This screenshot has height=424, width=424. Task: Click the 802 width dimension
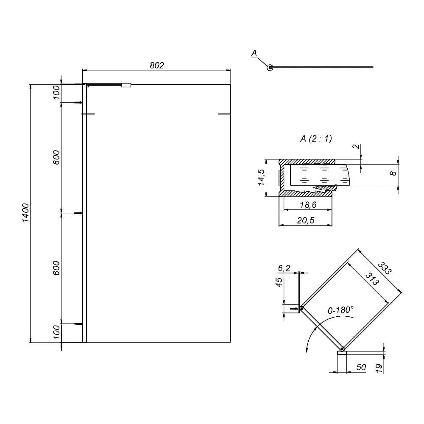click(x=157, y=65)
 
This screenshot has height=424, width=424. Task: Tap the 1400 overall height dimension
click(x=25, y=213)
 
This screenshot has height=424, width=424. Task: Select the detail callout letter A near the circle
click(x=254, y=53)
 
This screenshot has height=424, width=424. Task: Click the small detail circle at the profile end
click(x=270, y=67)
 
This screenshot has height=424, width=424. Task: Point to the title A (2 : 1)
click(x=316, y=139)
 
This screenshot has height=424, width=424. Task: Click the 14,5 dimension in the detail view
click(x=261, y=177)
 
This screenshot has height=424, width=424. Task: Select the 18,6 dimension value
click(x=308, y=205)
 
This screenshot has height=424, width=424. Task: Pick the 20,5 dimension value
click(x=306, y=220)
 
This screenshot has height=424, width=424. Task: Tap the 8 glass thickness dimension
click(x=393, y=173)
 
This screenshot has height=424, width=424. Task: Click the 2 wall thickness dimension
click(x=357, y=146)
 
